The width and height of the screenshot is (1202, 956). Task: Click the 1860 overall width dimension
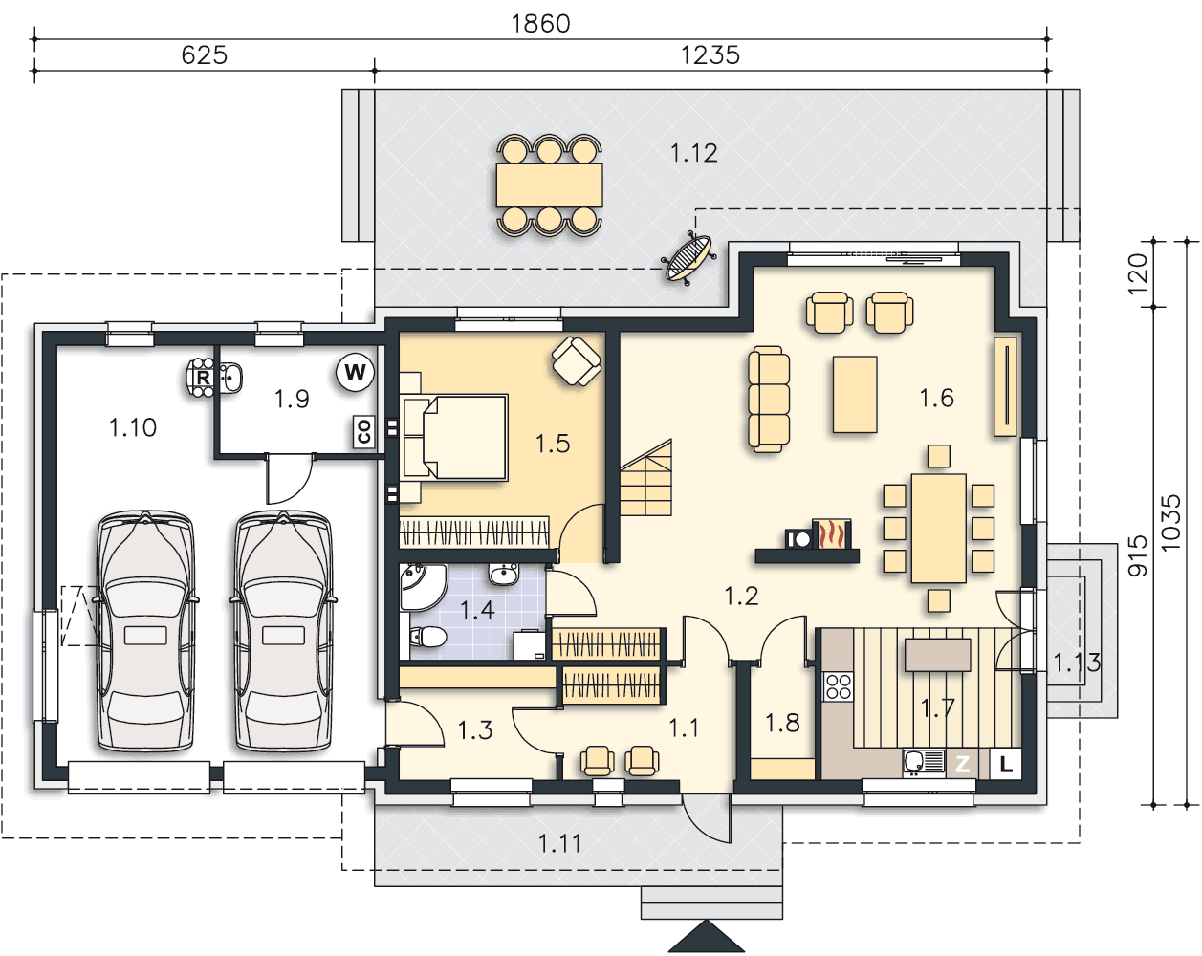[x=540, y=24]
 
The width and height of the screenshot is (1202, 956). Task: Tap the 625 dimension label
[x=205, y=55]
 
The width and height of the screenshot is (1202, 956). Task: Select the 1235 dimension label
[x=710, y=55]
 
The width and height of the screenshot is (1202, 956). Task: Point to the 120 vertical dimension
[x=1138, y=273]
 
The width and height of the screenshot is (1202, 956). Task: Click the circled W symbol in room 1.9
[x=355, y=372]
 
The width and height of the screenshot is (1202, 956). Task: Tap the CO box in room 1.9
[x=364, y=432]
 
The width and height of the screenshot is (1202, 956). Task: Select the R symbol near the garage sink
[x=203, y=378]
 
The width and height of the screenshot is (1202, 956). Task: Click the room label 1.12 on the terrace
[x=693, y=153]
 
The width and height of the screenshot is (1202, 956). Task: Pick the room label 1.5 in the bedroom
[x=553, y=444]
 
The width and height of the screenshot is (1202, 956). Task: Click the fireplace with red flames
[x=832, y=533]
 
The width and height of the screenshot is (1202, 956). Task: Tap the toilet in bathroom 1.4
[x=427, y=636]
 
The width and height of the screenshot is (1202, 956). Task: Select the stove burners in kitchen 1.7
[x=839, y=686]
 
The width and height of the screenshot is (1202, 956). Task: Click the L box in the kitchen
[x=1005, y=764]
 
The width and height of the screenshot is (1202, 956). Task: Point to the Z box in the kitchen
[x=962, y=764]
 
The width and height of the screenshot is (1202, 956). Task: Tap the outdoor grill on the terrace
[x=688, y=258]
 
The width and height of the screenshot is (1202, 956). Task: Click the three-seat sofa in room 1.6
[x=769, y=399]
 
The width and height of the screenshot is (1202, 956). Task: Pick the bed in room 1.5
[x=453, y=437]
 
